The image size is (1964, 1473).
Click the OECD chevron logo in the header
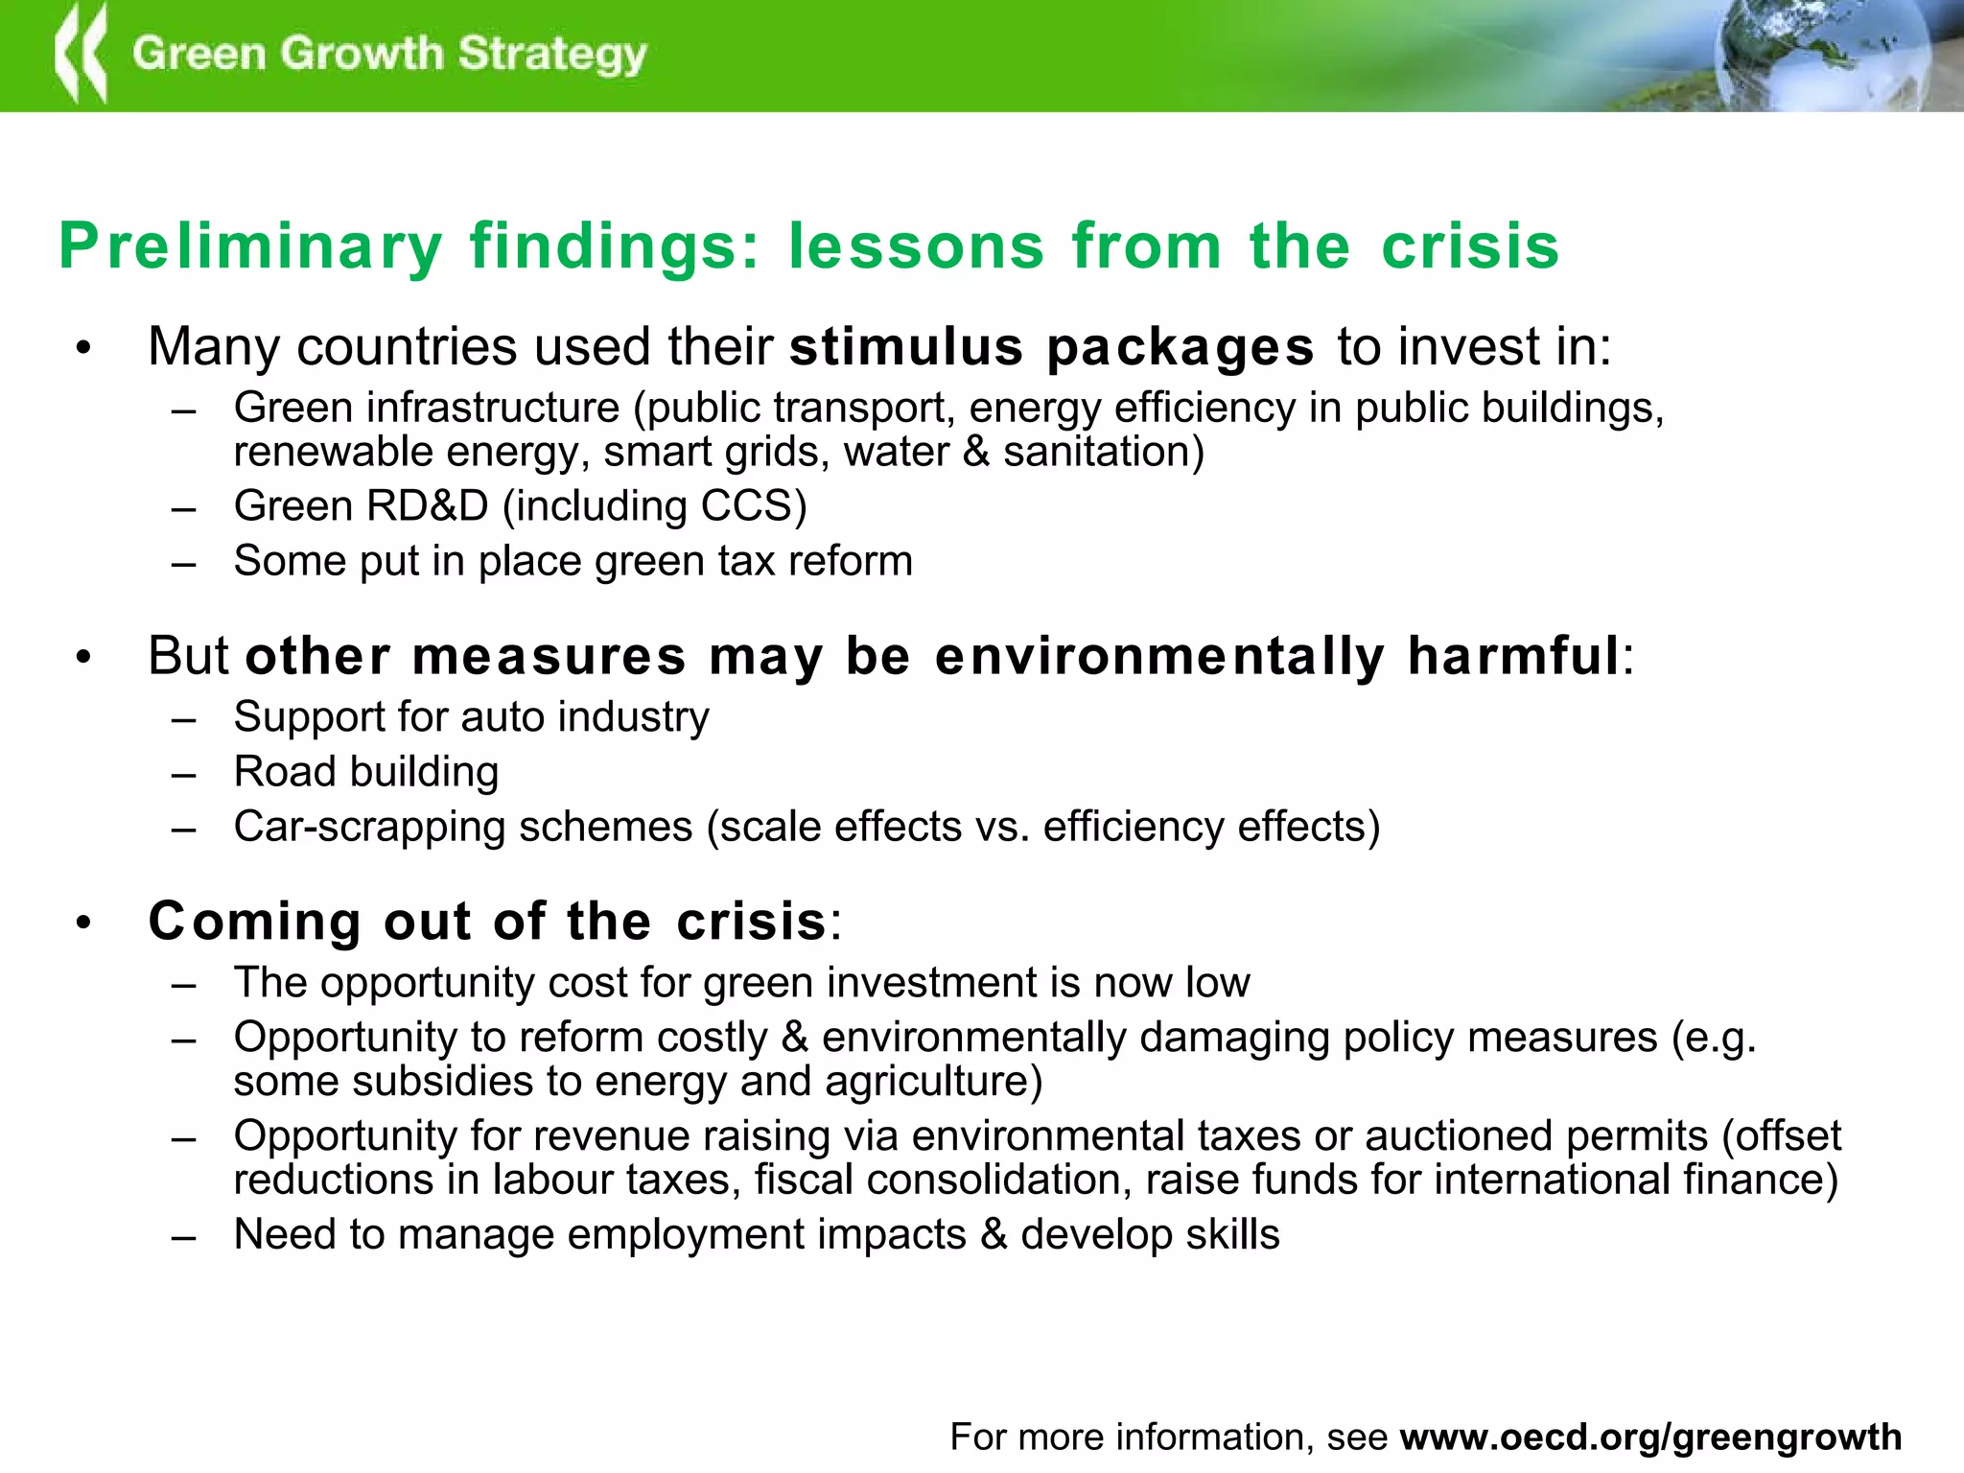tap(81, 55)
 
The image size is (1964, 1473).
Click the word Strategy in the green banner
tap(552, 55)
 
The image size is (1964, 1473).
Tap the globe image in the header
tap(1822, 53)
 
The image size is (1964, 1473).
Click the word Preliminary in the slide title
tap(250, 247)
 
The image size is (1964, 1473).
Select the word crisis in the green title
tap(1470, 245)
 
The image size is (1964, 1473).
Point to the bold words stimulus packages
tap(1051, 347)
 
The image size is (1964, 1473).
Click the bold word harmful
tap(1513, 657)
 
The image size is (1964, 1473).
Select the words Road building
tap(366, 773)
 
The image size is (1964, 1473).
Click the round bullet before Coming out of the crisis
tap(84, 923)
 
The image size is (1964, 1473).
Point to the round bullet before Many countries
tap(84, 348)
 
